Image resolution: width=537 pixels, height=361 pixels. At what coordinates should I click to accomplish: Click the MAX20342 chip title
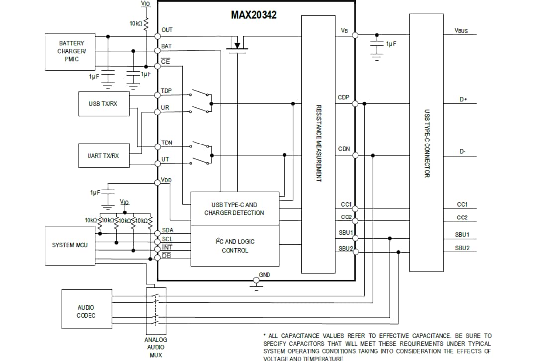click(x=254, y=15)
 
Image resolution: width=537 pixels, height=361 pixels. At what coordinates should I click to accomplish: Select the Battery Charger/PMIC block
click(x=71, y=51)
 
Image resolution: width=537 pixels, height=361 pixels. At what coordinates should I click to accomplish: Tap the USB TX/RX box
click(x=103, y=103)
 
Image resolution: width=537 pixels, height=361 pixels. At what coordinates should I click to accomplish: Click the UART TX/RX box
click(x=103, y=156)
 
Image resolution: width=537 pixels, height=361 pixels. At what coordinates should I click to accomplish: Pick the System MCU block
click(x=70, y=245)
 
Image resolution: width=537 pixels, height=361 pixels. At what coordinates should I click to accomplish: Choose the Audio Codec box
click(x=86, y=311)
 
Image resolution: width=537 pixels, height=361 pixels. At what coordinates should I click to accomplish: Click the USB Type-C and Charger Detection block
click(x=234, y=209)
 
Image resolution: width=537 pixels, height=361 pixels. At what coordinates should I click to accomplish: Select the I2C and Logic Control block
click(x=235, y=246)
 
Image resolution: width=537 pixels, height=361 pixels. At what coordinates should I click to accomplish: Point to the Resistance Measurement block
click(x=318, y=144)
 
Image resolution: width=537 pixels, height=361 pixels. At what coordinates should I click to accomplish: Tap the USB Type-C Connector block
click(x=426, y=144)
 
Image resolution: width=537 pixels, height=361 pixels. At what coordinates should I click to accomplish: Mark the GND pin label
click(x=265, y=275)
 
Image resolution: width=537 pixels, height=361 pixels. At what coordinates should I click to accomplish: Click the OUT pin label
click(x=167, y=30)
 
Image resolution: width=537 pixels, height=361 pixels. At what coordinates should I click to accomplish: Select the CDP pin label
click(x=343, y=97)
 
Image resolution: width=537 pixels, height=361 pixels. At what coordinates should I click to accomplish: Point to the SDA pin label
click(x=168, y=230)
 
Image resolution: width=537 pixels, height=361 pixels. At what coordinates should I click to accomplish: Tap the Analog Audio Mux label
click(x=156, y=347)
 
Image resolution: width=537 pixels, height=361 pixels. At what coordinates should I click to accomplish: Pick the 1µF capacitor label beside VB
click(x=391, y=44)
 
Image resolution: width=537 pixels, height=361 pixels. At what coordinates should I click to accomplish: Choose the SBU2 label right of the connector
click(x=462, y=248)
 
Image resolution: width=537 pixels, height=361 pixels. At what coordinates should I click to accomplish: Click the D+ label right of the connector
click(x=463, y=99)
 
